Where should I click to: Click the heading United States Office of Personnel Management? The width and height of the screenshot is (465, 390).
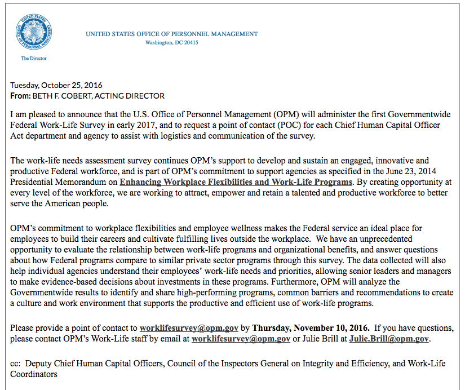pyautogui.click(x=171, y=34)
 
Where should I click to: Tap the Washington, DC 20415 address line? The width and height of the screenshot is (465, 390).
pyautogui.click(x=171, y=43)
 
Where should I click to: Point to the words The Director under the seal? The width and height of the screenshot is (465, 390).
pyautogui.click(x=34, y=59)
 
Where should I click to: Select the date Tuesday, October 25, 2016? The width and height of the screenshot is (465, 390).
pyautogui.click(x=56, y=85)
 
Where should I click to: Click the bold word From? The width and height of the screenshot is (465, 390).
pyautogui.click(x=21, y=96)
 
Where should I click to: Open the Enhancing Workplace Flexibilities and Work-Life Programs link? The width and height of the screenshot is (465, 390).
pyautogui.click(x=236, y=182)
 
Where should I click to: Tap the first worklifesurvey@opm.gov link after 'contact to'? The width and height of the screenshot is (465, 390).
pyautogui.click(x=189, y=327)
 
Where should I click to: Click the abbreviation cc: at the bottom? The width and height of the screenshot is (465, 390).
pyautogui.click(x=16, y=364)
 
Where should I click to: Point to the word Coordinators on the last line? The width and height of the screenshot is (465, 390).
pyautogui.click(x=34, y=374)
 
